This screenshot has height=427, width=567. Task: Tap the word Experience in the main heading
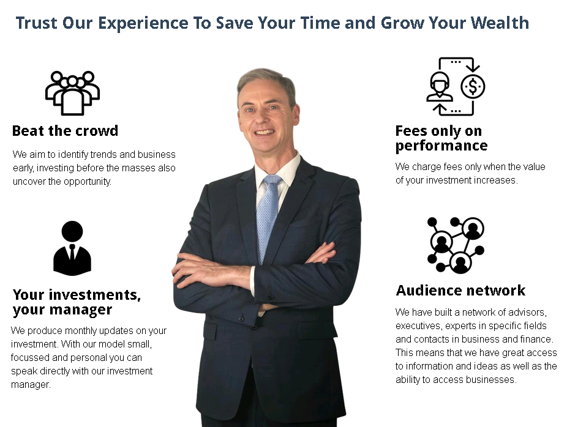[143, 23]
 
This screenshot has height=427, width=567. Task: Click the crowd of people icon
[72, 93]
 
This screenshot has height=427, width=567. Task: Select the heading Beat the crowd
[65, 131]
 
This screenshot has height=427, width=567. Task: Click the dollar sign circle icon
[473, 87]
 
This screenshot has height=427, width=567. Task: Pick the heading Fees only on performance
[441, 138]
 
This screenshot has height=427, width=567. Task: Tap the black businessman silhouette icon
[72, 248]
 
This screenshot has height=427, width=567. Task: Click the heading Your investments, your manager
[77, 302]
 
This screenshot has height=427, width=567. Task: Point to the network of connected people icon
[456, 245]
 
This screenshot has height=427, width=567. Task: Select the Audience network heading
[460, 291]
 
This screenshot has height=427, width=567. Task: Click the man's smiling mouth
[265, 132]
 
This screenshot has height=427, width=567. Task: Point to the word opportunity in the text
[87, 181]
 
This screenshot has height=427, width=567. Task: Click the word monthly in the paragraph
[80, 331]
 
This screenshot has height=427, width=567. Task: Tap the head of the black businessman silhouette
[72, 231]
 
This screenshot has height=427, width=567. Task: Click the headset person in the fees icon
[440, 87]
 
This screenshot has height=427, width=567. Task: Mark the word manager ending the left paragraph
[31, 385]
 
